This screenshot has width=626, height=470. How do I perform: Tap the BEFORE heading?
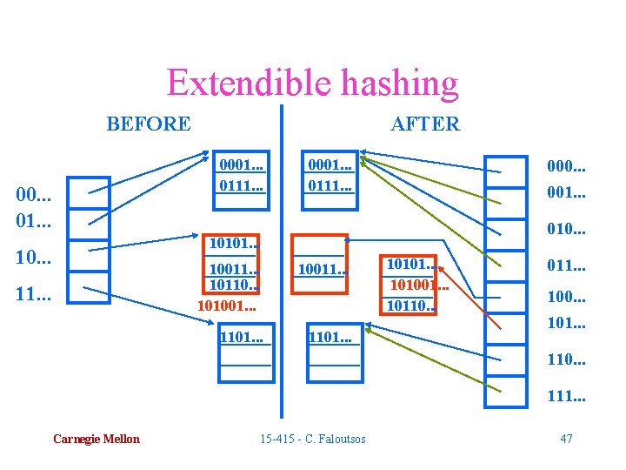click(x=149, y=124)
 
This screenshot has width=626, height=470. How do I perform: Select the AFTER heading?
click(x=425, y=124)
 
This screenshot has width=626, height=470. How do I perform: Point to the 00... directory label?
click(x=36, y=197)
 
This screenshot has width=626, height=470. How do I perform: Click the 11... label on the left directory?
click(x=36, y=294)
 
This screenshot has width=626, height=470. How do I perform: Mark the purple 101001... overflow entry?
click(x=227, y=306)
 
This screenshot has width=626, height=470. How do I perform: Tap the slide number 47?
click(x=566, y=438)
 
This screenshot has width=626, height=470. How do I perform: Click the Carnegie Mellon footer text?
click(x=96, y=439)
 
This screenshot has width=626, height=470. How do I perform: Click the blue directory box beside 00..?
click(x=89, y=192)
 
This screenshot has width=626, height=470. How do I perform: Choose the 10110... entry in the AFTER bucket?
click(x=411, y=304)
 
